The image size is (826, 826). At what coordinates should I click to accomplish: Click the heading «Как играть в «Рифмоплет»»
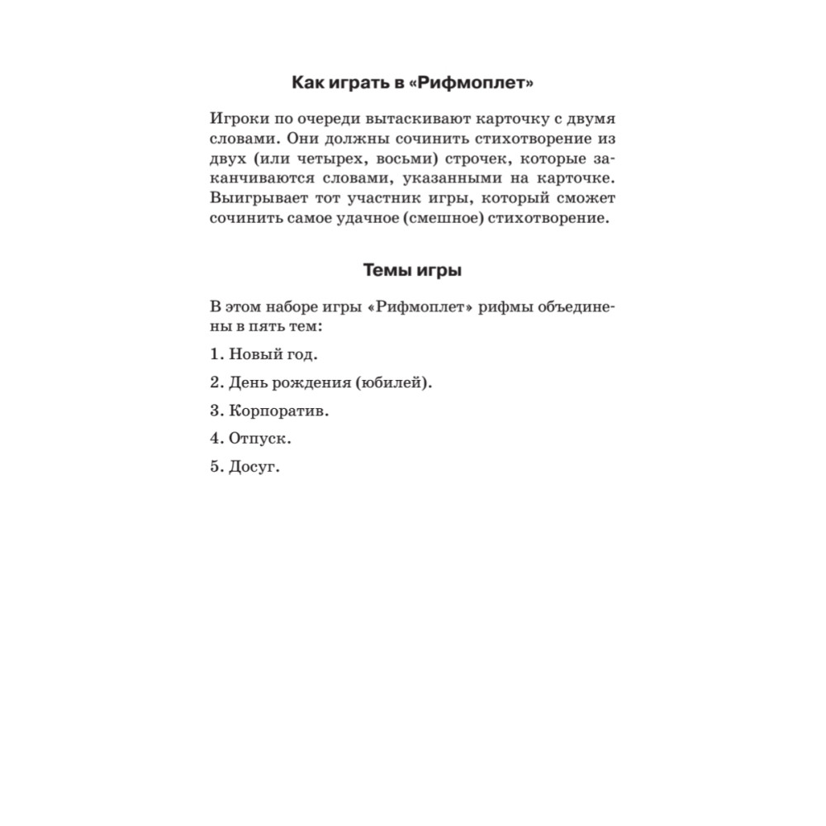pos(412,83)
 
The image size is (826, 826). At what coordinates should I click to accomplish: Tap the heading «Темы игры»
pos(412,270)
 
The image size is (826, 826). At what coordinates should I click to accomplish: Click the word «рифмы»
pos(506,307)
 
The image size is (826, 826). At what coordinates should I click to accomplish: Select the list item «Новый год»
pos(273,354)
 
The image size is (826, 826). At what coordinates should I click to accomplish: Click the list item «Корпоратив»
pos(278,411)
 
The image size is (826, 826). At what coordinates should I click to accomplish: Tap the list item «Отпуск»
pos(259,439)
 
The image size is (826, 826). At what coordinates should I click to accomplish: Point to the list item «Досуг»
pos(254,467)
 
